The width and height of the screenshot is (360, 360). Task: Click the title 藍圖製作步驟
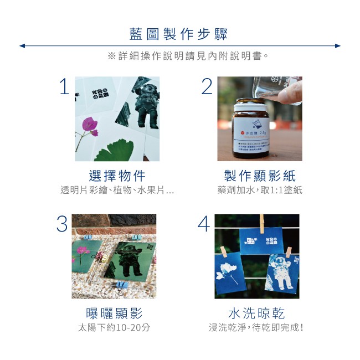179,33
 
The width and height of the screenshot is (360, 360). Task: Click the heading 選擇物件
117,176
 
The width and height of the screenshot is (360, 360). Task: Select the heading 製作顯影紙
259,176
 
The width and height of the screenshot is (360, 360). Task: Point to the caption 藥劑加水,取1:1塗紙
260,190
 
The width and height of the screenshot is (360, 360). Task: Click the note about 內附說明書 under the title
188,56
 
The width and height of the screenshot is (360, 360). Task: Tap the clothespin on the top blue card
261,223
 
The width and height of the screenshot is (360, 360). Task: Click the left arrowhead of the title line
22,46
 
